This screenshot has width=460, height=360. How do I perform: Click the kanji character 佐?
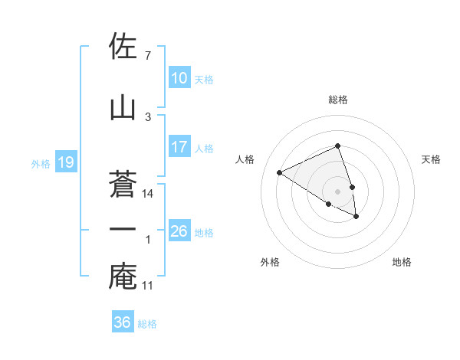point(123,47)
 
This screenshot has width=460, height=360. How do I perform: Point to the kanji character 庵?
point(123,277)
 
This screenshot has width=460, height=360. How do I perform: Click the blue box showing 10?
point(179,78)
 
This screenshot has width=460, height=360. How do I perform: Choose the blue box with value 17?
point(179,147)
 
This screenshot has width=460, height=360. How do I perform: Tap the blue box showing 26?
point(179,231)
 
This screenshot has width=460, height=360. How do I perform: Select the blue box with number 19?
point(65,162)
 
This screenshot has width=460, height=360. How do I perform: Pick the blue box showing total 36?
point(123,322)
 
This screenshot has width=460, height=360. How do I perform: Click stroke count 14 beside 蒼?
point(149,194)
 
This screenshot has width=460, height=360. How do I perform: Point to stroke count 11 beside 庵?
point(149,286)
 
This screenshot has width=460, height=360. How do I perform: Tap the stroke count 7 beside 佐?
point(148,56)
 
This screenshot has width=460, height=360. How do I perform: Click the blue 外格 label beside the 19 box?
point(41,163)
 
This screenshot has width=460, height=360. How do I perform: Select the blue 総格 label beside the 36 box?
point(147,323)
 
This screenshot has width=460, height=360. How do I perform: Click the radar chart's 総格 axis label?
point(338,100)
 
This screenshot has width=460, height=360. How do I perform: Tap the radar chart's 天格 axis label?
point(432,159)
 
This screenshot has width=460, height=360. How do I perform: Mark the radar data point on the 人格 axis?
point(280,173)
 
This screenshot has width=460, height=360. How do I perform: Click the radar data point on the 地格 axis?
point(356,217)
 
